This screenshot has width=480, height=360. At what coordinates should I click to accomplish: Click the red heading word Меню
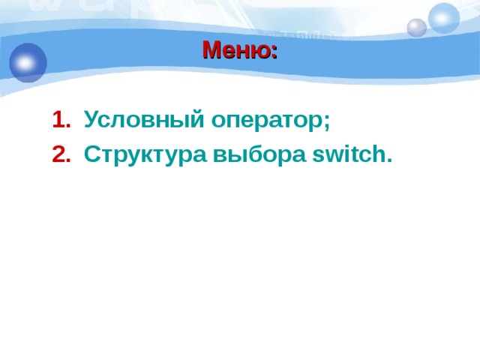point(237,51)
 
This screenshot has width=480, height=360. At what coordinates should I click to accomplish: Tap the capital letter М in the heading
point(211,51)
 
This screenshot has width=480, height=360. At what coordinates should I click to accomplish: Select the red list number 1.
point(60,119)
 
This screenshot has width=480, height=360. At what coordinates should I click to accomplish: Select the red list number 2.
point(60,154)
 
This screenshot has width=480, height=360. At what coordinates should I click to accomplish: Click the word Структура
point(145,154)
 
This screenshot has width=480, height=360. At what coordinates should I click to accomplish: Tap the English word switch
point(348,154)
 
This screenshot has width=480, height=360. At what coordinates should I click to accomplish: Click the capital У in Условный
point(91,119)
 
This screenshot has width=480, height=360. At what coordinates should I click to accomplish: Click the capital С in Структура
point(92,154)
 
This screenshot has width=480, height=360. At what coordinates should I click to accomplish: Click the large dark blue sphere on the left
point(28,62)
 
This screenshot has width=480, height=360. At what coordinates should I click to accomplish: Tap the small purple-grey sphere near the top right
point(416,28)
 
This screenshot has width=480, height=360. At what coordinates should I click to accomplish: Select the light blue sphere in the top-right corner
point(444,18)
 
